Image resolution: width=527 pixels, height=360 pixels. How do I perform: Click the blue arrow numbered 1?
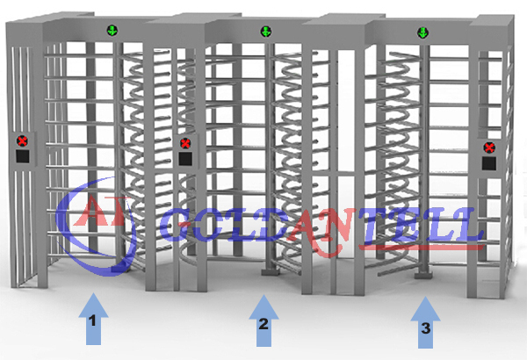(93, 319)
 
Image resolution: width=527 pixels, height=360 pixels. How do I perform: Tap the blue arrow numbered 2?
(263, 320)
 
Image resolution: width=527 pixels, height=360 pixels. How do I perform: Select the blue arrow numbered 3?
(425, 323)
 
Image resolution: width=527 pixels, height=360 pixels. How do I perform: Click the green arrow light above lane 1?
(112, 31)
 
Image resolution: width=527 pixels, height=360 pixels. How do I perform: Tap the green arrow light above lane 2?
(266, 32)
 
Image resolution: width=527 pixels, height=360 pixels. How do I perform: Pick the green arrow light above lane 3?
(422, 33)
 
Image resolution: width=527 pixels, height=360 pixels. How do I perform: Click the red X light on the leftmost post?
(23, 141)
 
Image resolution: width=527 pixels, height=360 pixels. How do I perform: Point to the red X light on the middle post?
(185, 144)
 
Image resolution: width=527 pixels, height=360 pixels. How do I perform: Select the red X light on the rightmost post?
(489, 148)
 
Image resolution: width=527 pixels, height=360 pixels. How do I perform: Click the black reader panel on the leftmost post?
(23, 156)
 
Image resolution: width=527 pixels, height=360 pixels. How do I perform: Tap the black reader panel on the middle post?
(185, 159)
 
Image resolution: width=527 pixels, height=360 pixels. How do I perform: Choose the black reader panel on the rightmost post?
(489, 163)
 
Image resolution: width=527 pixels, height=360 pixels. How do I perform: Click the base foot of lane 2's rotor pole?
(271, 271)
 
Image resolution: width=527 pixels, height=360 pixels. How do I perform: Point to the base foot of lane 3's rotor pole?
(423, 276)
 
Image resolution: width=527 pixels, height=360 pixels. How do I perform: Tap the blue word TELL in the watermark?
(422, 226)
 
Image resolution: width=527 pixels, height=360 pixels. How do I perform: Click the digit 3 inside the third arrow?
(425, 328)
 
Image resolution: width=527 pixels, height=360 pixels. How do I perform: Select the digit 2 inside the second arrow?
(263, 324)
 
